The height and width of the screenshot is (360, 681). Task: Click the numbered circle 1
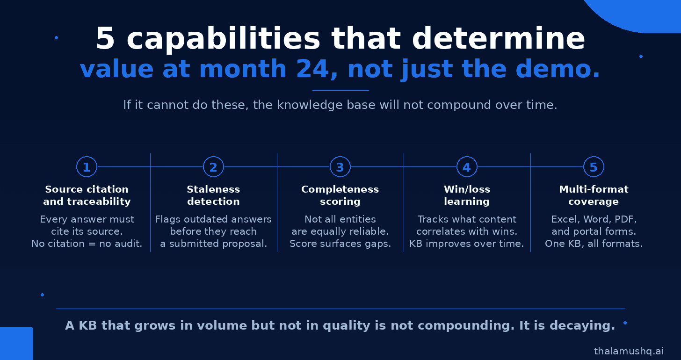(87, 167)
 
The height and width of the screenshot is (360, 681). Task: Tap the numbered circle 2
(213, 167)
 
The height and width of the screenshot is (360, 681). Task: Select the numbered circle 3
(340, 167)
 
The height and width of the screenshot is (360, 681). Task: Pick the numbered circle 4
(467, 167)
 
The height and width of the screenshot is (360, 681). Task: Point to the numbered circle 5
(594, 167)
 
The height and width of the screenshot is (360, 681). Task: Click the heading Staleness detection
(213, 195)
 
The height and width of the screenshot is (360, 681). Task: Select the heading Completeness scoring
(340, 195)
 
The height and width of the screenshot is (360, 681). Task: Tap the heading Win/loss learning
(467, 195)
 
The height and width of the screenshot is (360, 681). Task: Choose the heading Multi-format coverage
(594, 195)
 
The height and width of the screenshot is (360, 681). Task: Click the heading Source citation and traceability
(87, 195)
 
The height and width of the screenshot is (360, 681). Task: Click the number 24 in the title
(313, 69)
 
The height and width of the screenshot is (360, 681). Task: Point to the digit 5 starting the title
(105, 39)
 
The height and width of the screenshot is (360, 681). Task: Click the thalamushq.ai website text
(629, 351)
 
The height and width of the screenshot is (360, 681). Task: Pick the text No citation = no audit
(87, 244)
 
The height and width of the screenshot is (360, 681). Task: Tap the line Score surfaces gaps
(340, 244)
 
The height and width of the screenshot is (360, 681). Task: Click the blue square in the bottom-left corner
(16, 344)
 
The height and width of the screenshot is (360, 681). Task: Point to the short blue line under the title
(340, 90)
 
